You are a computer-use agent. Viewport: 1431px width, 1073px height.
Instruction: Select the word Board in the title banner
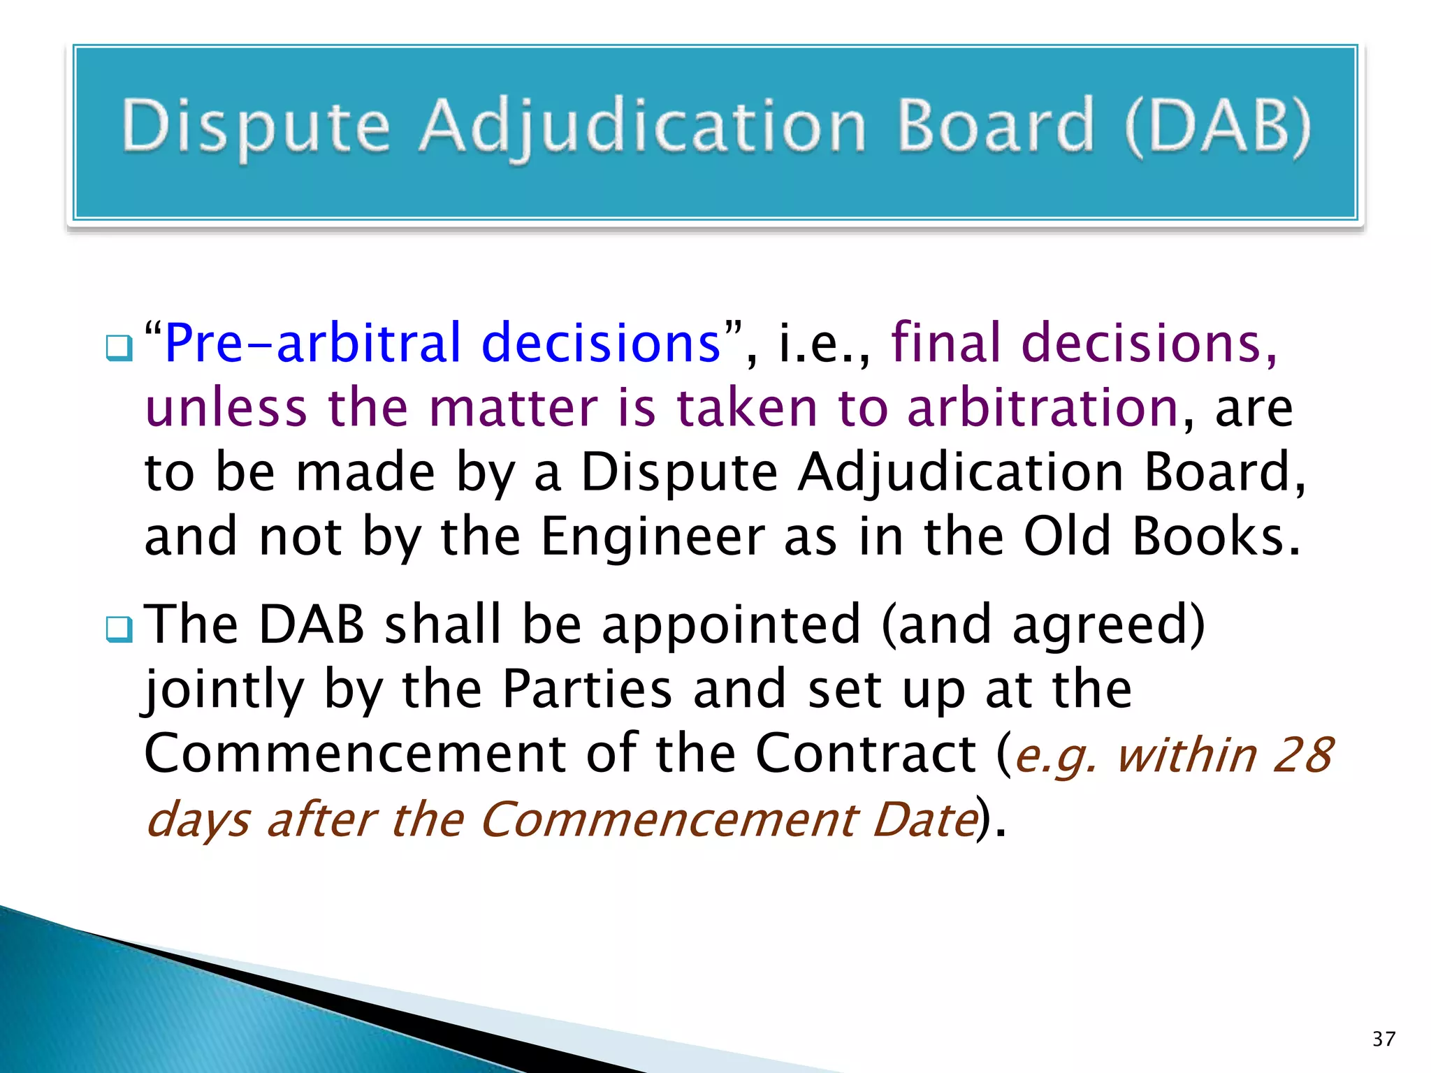(995, 126)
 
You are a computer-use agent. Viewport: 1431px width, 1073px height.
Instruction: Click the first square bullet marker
(119, 347)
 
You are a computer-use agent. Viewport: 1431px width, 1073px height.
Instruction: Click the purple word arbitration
(1043, 408)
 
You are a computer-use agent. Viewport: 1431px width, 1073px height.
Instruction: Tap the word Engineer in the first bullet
(653, 536)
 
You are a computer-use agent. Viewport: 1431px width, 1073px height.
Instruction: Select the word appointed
(731, 625)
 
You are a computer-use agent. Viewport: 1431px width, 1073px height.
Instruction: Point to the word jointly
(224, 690)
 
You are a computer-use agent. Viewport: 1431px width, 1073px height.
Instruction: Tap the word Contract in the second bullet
(866, 754)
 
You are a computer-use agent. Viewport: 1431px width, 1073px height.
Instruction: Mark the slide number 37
(1383, 1039)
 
